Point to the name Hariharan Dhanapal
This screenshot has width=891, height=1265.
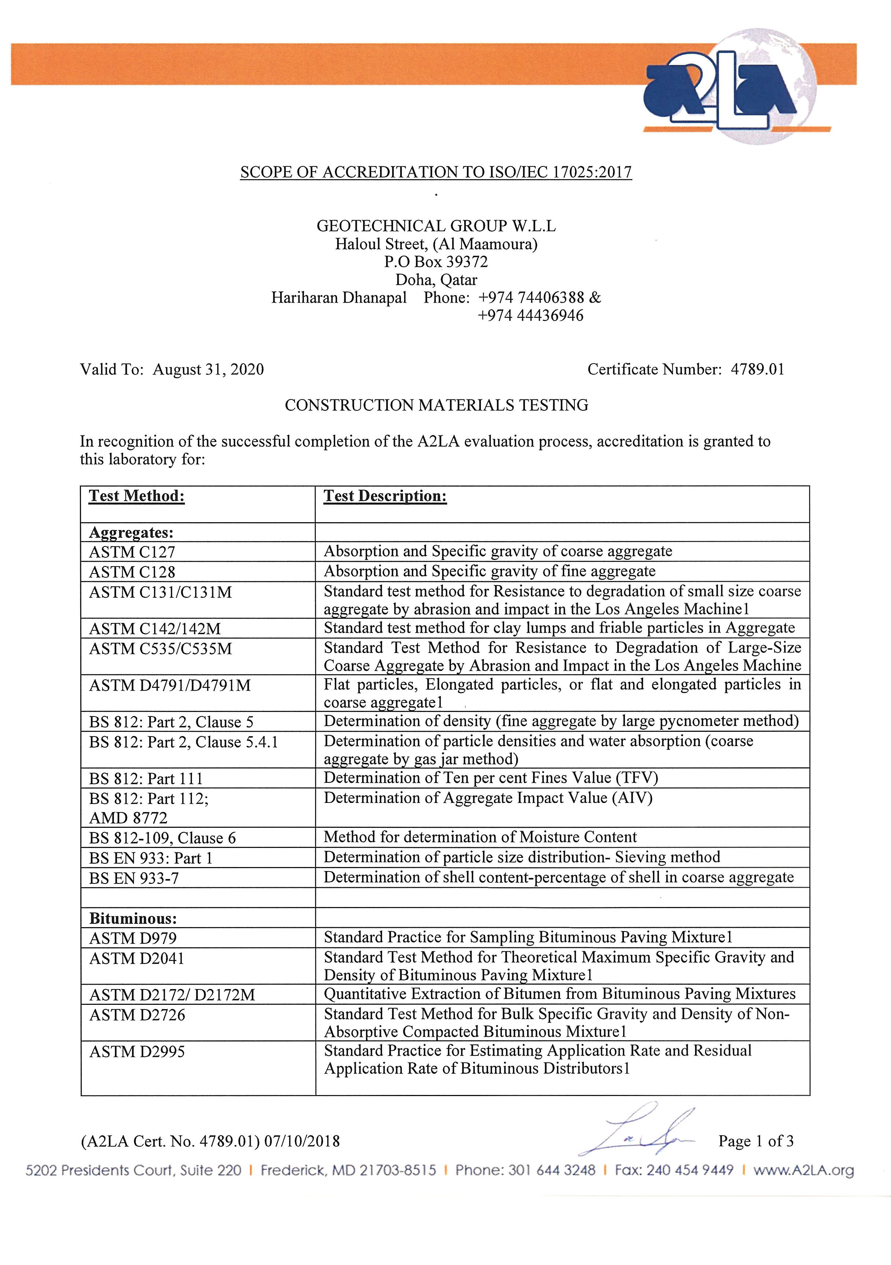(339, 298)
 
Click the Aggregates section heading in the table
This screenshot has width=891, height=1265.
(131, 533)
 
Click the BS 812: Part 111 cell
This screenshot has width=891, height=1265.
(146, 778)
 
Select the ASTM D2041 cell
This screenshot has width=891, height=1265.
(137, 959)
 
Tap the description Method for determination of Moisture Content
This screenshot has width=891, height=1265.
(480, 837)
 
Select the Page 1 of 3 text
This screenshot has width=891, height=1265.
(755, 1141)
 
